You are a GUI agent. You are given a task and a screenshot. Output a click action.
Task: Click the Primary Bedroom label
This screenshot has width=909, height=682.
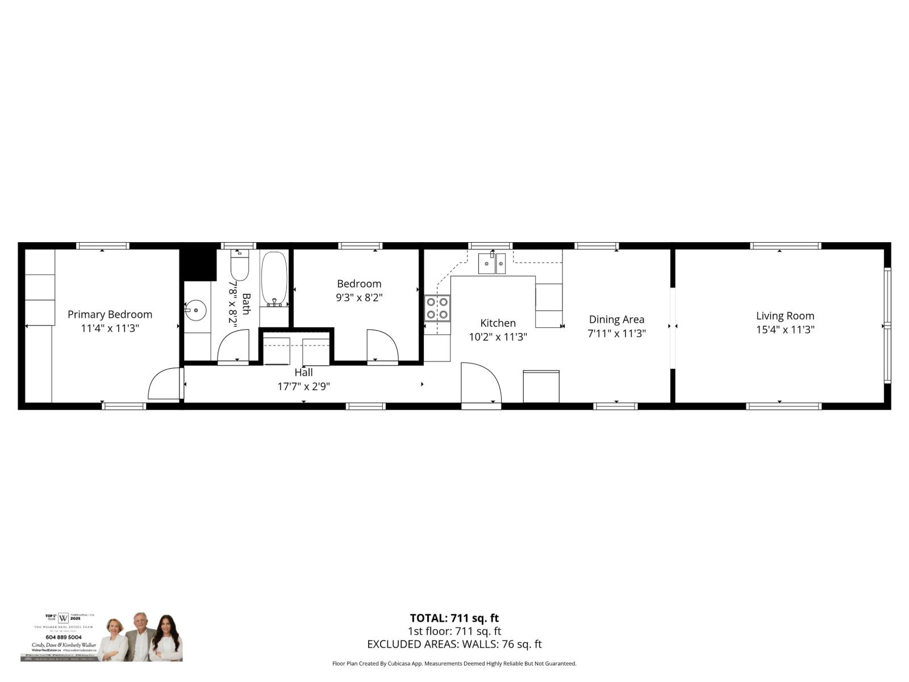[x=110, y=314]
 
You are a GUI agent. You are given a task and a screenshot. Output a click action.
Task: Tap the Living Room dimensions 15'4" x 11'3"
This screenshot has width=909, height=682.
[x=785, y=330]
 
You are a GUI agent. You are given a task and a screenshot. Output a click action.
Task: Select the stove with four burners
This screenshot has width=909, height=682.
[x=437, y=308]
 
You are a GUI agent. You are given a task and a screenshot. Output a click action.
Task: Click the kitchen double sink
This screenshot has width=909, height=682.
[x=491, y=264]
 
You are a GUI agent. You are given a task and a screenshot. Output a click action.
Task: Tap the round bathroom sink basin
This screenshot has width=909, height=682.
[x=196, y=310]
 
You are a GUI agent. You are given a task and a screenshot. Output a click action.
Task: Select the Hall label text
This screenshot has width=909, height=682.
[x=303, y=373]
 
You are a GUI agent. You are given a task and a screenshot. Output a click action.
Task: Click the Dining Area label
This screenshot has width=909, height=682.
[x=616, y=319]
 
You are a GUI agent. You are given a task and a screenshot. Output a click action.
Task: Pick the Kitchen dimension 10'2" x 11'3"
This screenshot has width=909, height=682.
[x=498, y=337]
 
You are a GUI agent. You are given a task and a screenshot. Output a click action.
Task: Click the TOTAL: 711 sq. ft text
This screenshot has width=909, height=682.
[x=454, y=618]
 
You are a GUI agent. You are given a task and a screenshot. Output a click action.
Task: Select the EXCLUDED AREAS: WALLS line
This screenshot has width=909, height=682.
[x=454, y=644]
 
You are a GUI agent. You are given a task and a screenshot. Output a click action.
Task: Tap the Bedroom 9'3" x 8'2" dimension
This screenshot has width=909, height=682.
[x=359, y=297]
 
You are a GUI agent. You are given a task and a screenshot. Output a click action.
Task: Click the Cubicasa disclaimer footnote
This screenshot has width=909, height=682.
[x=454, y=664]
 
